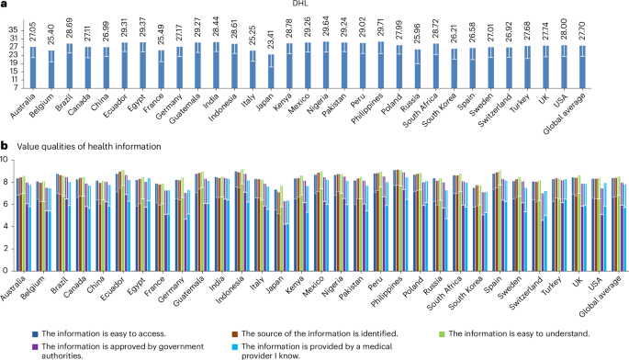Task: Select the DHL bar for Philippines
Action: (381, 65)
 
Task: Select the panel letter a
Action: (4, 6)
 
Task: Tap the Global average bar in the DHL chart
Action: (607, 67)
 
